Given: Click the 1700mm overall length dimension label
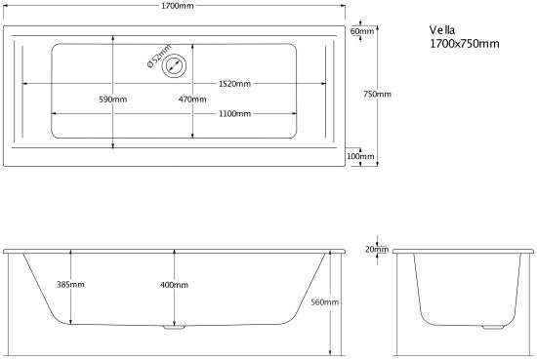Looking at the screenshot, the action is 178,6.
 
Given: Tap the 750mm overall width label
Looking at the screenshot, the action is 378,94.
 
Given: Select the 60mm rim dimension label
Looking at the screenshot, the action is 362,31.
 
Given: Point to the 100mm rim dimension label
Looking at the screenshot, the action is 360,156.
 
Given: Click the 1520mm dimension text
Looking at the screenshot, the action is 235,84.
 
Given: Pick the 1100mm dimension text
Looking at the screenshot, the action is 235,113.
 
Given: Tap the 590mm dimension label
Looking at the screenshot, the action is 113,100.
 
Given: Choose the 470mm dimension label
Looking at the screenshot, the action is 192,100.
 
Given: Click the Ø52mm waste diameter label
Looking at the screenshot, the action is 159,57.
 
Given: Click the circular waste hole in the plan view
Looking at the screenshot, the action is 175,65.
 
